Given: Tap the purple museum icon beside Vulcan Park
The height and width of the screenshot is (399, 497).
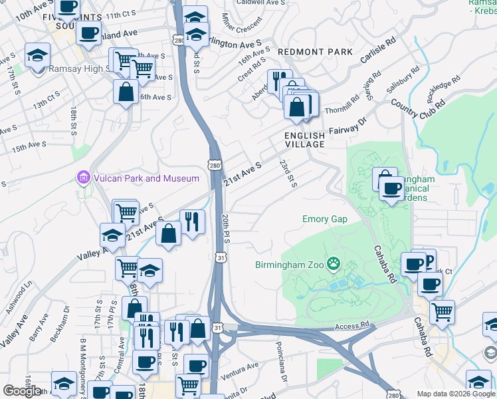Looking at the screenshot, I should (x=82, y=178).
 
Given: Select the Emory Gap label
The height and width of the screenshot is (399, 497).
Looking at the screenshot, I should (x=325, y=219).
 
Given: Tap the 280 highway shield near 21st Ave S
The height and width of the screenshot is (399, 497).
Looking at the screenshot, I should (x=213, y=165).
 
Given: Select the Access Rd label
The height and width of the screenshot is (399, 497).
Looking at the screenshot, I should (x=351, y=326).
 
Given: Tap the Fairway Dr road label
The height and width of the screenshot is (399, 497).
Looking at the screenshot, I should (x=349, y=128).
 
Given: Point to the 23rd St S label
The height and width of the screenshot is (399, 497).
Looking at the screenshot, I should (x=287, y=172).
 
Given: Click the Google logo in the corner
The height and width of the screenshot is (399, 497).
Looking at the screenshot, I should (x=22, y=391).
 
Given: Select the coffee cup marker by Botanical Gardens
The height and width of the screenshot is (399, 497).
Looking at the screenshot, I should (x=392, y=188).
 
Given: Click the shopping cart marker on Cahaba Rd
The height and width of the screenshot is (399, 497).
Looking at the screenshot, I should (x=441, y=311).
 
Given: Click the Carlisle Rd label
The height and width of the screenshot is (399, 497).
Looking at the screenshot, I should (x=378, y=50).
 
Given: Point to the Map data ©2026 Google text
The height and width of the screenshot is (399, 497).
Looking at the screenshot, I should (x=455, y=394).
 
